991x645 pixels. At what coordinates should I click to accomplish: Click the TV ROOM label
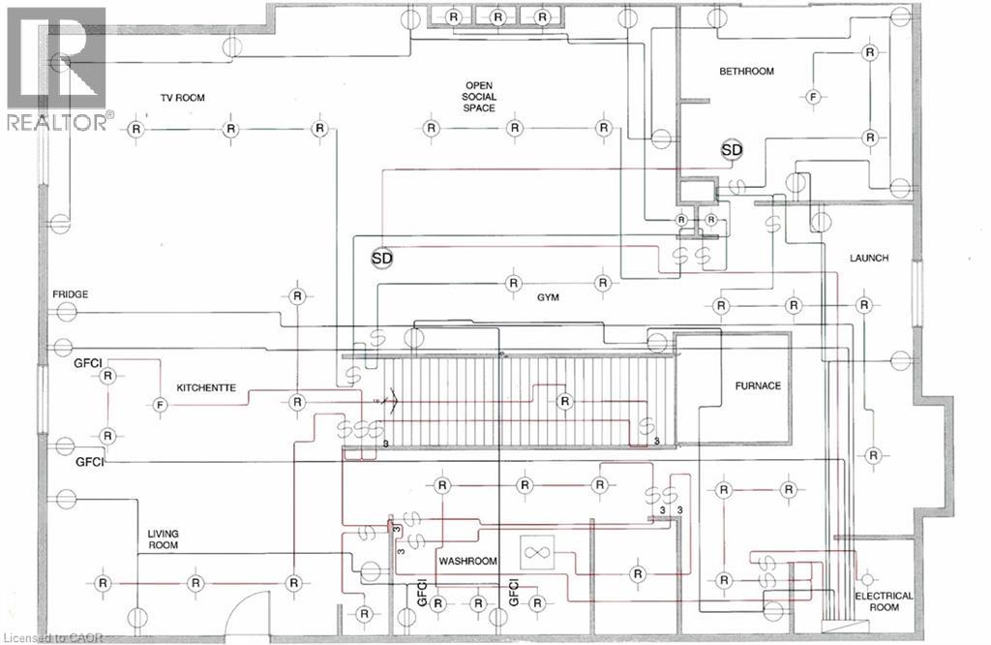point(182,98)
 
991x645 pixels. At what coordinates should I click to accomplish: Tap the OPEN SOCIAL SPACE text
point(479,97)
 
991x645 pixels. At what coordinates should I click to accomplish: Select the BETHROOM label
point(746,72)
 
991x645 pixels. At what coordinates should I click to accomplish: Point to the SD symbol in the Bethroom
point(732,150)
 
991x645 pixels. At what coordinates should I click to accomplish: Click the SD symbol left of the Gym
point(381,258)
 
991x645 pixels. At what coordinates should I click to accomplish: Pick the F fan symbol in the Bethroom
point(813,98)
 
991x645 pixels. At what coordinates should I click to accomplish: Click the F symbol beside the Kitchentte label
point(160,405)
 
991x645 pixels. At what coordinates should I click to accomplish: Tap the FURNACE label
point(758,385)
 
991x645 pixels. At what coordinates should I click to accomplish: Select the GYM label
point(548,297)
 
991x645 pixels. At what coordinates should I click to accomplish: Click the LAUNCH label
point(869,258)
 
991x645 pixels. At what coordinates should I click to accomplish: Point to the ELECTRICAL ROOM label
point(884,601)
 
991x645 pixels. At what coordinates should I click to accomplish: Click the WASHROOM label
point(467,561)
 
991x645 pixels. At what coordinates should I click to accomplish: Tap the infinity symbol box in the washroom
point(536,553)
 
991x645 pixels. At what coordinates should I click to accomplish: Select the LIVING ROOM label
point(163,539)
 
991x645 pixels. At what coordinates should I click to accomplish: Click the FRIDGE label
point(70,294)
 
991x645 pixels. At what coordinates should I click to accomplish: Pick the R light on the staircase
point(564,401)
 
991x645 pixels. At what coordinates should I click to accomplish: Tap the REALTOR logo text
point(58,122)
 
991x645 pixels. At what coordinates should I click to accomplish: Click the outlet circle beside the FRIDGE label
point(66,312)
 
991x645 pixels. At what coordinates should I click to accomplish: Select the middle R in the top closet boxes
point(498,17)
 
